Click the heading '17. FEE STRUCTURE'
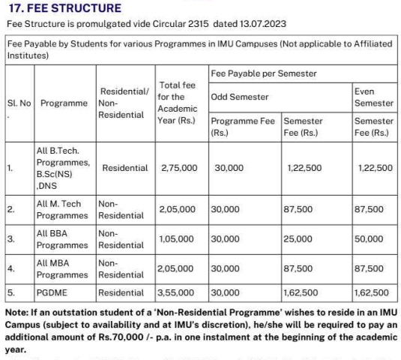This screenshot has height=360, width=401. click(64, 8)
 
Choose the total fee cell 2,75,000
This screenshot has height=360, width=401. click(179, 168)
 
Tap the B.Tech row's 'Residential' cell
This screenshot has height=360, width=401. click(124, 168)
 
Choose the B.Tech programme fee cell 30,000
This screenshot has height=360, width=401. click(229, 168)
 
